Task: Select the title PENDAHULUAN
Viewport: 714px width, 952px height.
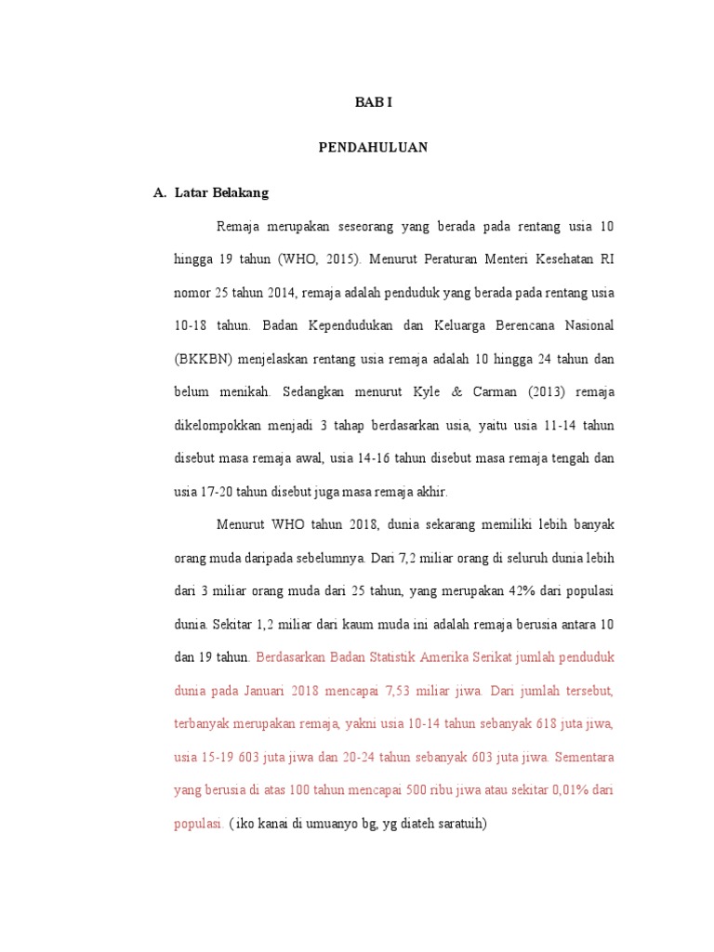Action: (x=373, y=148)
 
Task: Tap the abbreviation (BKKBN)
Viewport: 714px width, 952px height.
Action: (x=203, y=359)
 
